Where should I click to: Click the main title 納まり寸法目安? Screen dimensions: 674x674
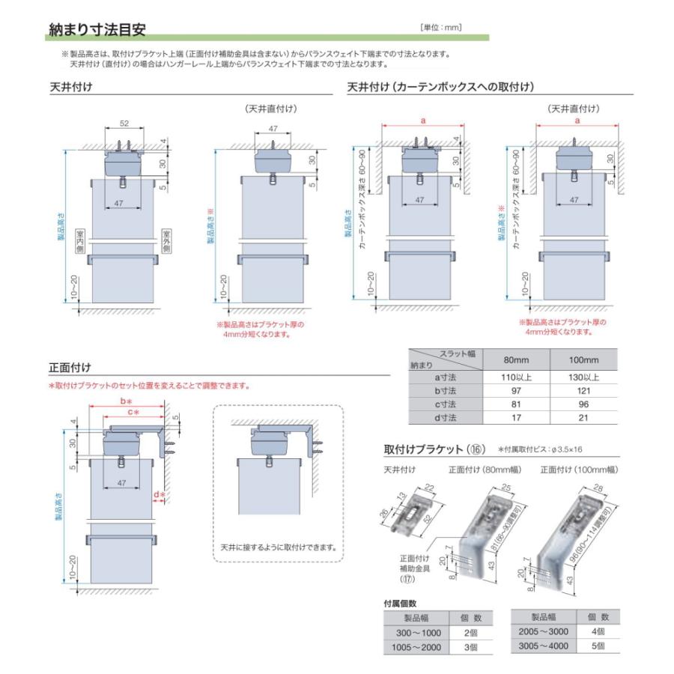click(97, 29)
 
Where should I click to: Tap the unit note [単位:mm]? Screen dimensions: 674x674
click(442, 28)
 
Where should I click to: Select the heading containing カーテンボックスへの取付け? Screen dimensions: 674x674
click(440, 88)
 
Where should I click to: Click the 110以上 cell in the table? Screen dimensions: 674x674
click(510, 377)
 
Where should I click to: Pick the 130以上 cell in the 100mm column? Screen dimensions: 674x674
click(584, 377)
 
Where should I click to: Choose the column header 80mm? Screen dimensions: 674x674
click(510, 359)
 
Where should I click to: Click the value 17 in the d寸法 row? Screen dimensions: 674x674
click(510, 417)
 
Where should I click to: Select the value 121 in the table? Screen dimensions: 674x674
click(584, 391)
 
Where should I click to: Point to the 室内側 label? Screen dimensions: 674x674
click(79, 243)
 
